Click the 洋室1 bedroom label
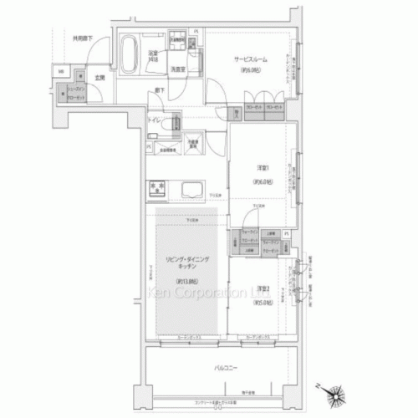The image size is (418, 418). [263, 166]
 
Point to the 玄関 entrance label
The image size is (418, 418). [99, 78]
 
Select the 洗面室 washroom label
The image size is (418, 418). [178, 69]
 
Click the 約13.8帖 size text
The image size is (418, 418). [185, 281]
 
